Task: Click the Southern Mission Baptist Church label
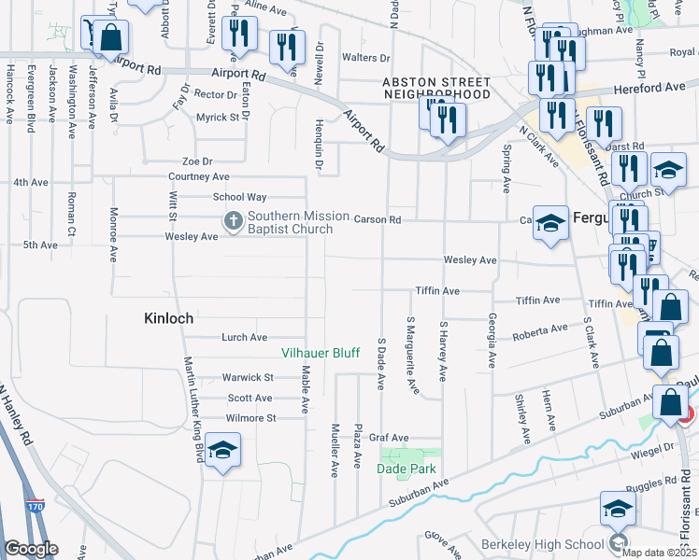pyautogui.click(x=289, y=222)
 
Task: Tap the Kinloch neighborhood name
pyautogui.click(x=168, y=318)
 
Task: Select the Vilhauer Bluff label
pyautogui.click(x=321, y=353)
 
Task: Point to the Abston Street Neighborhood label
pyautogui.click(x=436, y=88)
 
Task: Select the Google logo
pyautogui.click(x=31, y=549)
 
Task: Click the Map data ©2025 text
pyautogui.click(x=659, y=552)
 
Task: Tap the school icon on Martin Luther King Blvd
pyautogui.click(x=222, y=450)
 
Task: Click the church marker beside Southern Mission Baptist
pyautogui.click(x=232, y=222)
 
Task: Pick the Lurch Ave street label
pyautogui.click(x=245, y=337)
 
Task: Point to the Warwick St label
pyautogui.click(x=248, y=378)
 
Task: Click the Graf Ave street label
pyautogui.click(x=389, y=437)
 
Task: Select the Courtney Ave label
pyautogui.click(x=199, y=176)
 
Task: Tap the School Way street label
pyautogui.click(x=240, y=197)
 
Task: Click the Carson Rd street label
pyautogui.click(x=378, y=219)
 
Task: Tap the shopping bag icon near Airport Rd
pyautogui.click(x=110, y=37)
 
